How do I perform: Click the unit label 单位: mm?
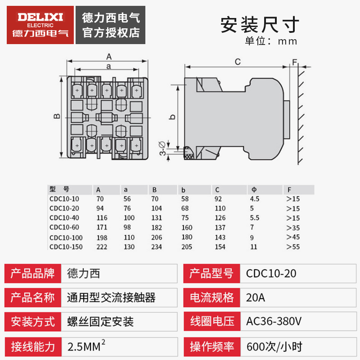click(x=271, y=41)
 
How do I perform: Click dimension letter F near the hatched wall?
click(x=294, y=61)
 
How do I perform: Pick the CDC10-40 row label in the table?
click(x=64, y=218)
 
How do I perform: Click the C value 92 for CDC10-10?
click(x=218, y=198)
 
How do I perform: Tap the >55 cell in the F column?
click(x=292, y=247)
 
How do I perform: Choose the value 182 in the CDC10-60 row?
click(x=157, y=227)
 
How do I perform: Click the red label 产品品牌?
click(x=32, y=273)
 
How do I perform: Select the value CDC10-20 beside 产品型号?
click(x=271, y=273)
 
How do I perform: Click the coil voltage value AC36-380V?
click(x=274, y=322)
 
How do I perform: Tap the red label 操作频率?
click(x=212, y=346)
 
